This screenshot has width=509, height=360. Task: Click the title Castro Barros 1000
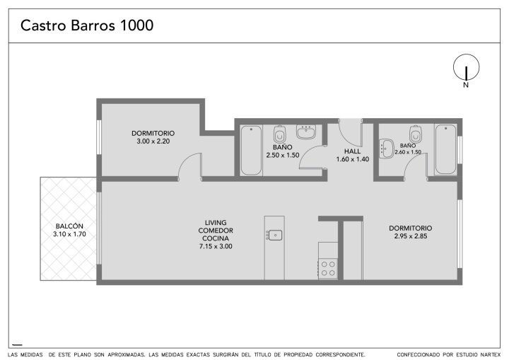[x=87, y=25]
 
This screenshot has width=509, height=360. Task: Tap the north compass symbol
[x=466, y=67]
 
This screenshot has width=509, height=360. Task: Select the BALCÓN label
[x=69, y=226]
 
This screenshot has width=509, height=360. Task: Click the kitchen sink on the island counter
[x=274, y=235]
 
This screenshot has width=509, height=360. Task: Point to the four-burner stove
[x=328, y=269]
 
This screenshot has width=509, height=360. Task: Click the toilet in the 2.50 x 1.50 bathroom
[x=279, y=134]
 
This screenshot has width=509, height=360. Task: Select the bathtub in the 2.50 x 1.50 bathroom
[x=251, y=151]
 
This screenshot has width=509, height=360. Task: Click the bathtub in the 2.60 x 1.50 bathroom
[x=445, y=149]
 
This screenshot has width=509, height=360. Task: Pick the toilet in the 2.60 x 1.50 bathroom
[x=416, y=134]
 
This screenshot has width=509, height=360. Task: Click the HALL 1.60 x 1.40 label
[x=353, y=155]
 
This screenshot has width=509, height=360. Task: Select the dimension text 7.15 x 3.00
[x=216, y=246]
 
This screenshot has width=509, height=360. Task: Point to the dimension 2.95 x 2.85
[x=411, y=236]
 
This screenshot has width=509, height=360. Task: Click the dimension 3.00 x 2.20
[x=153, y=141]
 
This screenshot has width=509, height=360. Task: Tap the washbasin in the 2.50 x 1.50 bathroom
[x=306, y=132]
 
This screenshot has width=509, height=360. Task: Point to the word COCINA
[x=216, y=238]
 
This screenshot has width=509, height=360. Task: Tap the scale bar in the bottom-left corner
[x=17, y=344]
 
